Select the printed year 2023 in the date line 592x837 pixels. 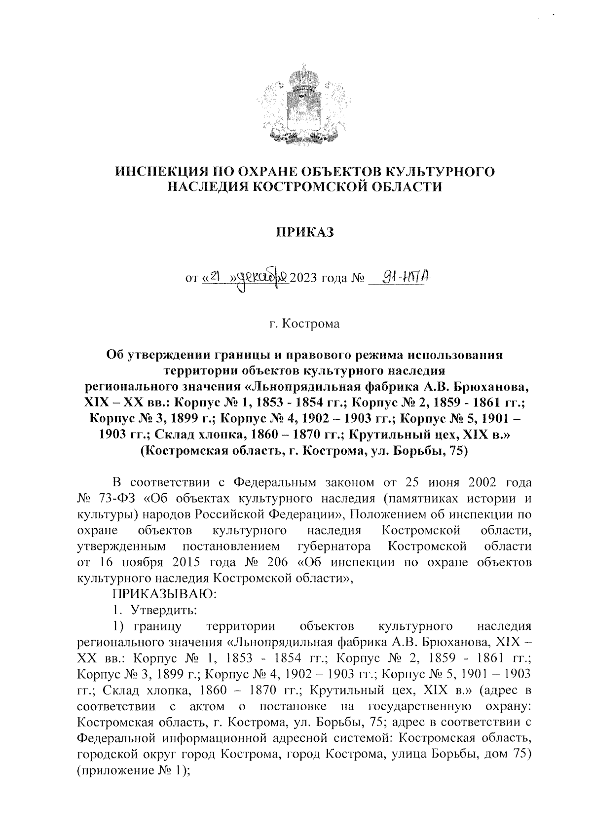click(304, 281)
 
